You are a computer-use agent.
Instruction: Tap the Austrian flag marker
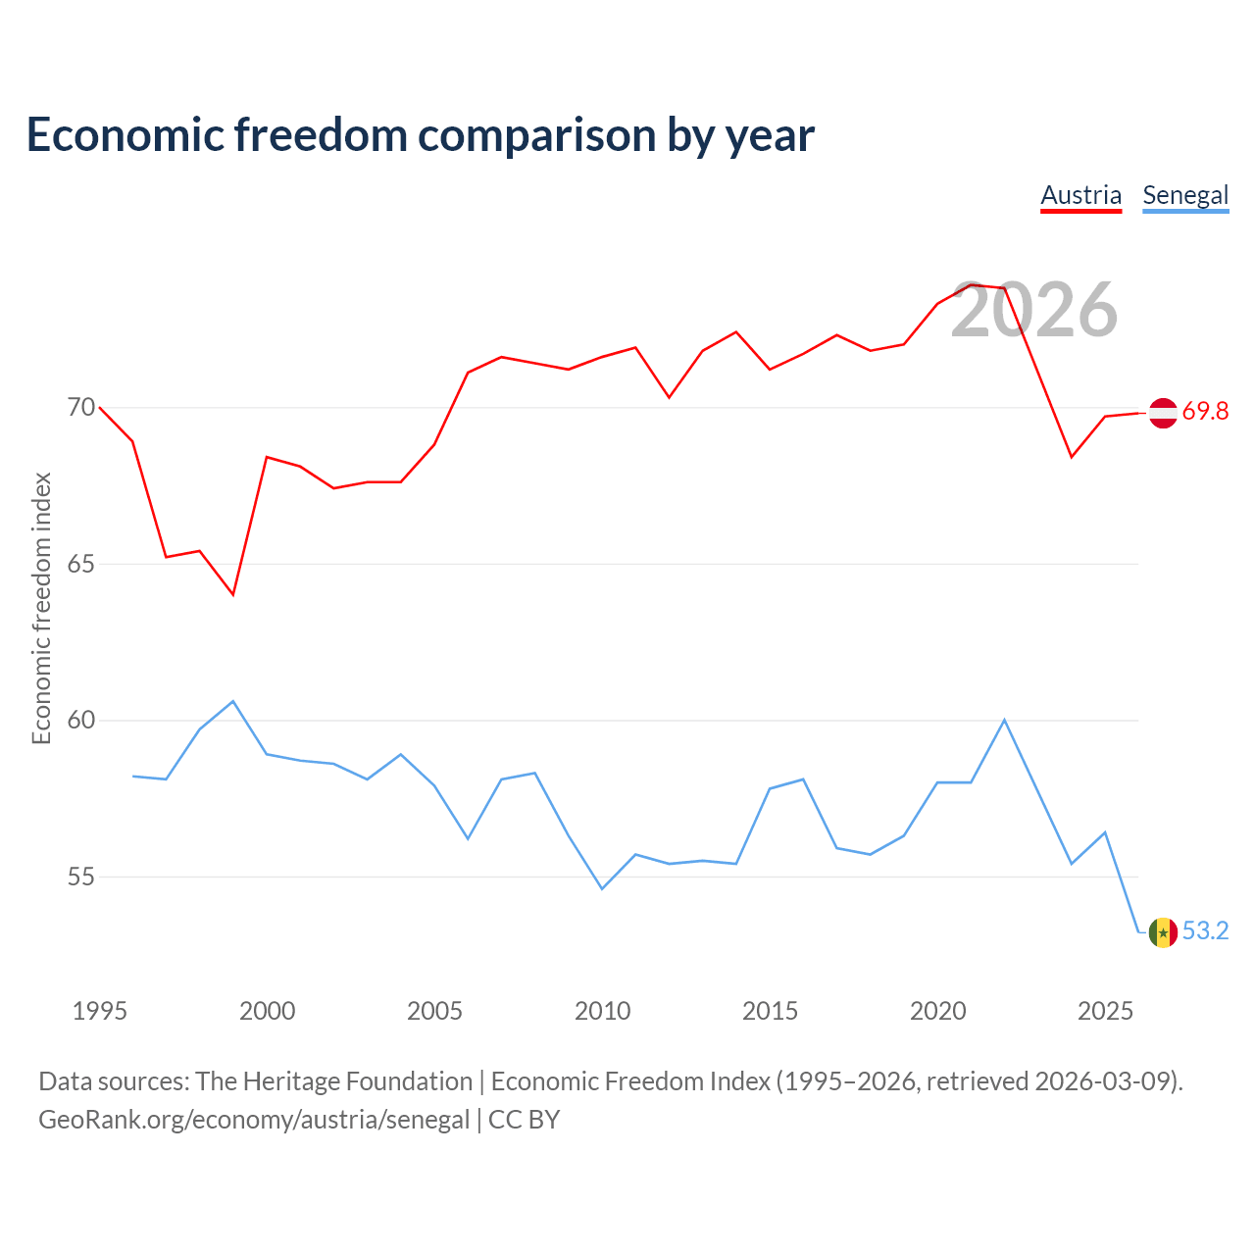coord(1163,413)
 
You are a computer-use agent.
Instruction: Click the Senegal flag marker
coord(1163,932)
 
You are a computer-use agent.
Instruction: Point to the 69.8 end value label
coord(1205,411)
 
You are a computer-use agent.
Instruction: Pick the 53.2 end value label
coord(1205,930)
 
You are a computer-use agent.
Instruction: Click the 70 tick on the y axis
coord(81,407)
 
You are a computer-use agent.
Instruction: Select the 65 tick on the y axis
coord(81,564)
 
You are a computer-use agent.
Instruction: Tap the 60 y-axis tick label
coord(81,720)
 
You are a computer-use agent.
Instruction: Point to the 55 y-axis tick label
coord(81,877)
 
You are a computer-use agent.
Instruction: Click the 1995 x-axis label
coord(100,1011)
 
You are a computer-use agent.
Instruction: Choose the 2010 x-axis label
coord(602,1011)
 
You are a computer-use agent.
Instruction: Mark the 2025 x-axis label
coord(1105,1011)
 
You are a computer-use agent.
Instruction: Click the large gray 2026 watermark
coord(1033,310)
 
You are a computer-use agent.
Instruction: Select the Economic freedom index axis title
coord(41,608)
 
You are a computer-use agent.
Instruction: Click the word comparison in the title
coord(536,136)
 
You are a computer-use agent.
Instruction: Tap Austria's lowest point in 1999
coord(233,594)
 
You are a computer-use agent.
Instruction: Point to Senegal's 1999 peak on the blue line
coord(233,701)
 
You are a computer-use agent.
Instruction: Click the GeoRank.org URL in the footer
coord(254,1120)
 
